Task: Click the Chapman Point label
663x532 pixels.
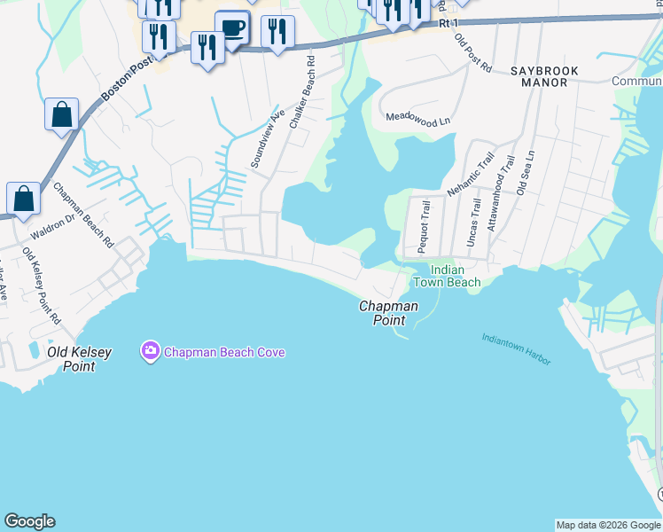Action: tap(388, 313)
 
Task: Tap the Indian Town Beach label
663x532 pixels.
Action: tap(448, 276)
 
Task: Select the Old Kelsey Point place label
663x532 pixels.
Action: tap(80, 358)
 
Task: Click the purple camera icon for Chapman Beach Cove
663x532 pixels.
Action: tap(150, 352)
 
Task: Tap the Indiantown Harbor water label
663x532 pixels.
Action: tap(516, 349)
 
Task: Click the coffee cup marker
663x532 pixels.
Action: tap(232, 28)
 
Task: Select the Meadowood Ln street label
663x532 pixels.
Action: tap(425, 118)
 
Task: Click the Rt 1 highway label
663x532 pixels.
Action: tap(450, 24)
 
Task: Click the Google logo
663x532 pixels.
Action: tap(29, 521)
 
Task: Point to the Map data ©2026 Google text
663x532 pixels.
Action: tap(608, 525)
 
